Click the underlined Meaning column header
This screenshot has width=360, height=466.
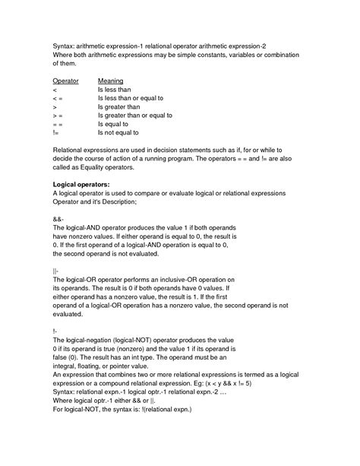click(111, 80)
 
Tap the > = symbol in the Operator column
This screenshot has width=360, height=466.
click(57, 115)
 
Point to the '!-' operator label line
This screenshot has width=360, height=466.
click(55, 332)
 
